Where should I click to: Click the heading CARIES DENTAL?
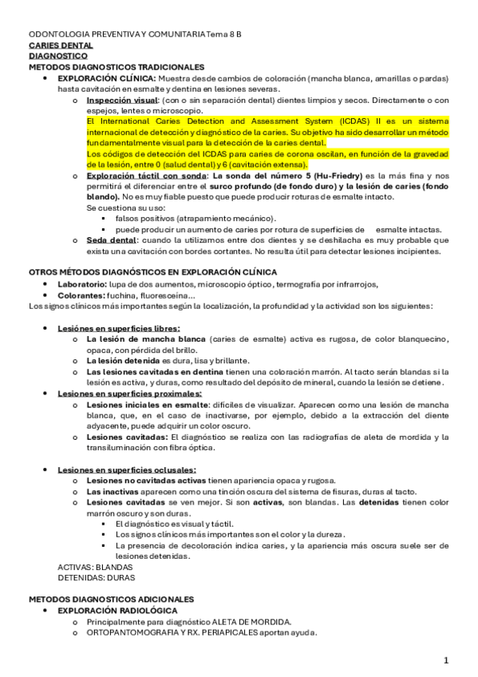tap(60, 46)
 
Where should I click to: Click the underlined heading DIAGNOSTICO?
tap(57, 57)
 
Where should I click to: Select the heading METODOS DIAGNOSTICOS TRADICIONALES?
tap(117, 67)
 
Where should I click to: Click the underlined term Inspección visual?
tap(122, 100)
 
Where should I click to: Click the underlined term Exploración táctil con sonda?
tap(145, 175)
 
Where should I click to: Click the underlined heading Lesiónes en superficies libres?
tap(108, 328)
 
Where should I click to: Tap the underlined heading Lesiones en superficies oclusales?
tap(116, 469)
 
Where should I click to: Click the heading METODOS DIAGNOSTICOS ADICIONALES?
tap(111, 599)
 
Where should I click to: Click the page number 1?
tap(446, 660)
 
